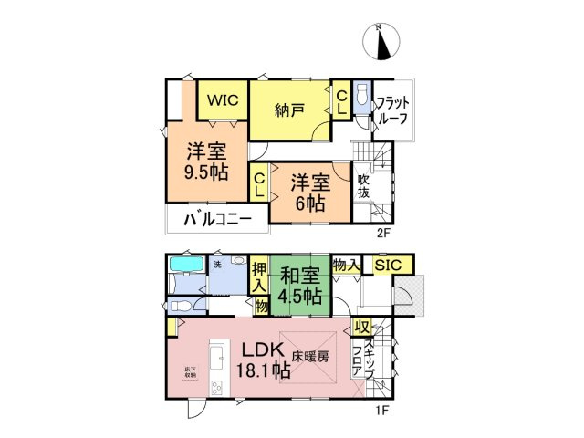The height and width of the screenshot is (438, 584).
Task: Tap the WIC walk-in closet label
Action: [x=221, y=101]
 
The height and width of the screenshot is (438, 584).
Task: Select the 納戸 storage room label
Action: [x=289, y=111]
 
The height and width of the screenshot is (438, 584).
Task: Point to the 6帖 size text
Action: [x=310, y=204]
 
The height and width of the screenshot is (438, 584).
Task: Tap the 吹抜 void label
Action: [x=364, y=187]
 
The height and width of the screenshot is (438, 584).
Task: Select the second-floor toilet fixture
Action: [x=361, y=97]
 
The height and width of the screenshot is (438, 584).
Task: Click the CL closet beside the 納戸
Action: [x=340, y=101]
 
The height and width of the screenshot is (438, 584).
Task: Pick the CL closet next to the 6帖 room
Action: [x=259, y=185]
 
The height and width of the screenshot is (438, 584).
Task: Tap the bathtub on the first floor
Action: [x=187, y=266]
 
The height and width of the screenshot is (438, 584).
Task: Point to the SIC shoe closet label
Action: [x=393, y=265]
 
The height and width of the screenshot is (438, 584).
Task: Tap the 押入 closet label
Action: [x=258, y=277]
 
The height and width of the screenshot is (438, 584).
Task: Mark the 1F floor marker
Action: [x=382, y=409]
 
